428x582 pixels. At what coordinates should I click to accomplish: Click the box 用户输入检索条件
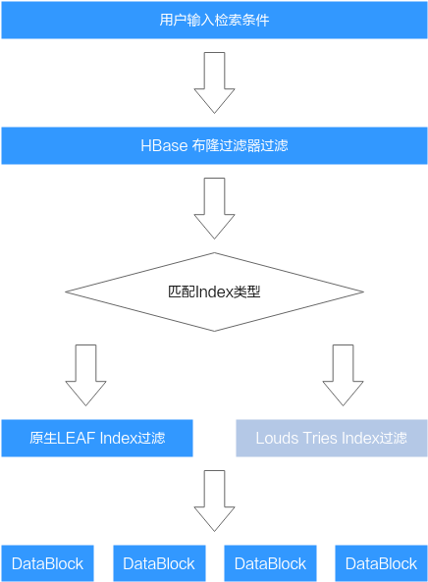(214, 20)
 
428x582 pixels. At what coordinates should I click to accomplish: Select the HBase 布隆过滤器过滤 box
(214, 145)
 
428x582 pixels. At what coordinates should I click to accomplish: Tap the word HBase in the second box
(164, 145)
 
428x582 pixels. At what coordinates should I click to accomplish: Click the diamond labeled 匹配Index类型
(214, 291)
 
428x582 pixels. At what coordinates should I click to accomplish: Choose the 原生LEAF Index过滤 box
(97, 438)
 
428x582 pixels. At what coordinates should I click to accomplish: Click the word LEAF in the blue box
(77, 439)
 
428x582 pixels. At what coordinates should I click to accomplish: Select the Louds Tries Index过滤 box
(332, 438)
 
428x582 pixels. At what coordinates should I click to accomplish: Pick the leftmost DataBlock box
(47, 563)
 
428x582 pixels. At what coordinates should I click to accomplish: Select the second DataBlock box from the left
(159, 563)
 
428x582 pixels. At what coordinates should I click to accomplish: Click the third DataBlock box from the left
(270, 563)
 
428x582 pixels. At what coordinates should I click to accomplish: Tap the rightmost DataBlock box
(381, 563)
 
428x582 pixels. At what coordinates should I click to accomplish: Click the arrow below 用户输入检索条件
(214, 82)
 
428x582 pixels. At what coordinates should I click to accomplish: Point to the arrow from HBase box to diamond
(214, 208)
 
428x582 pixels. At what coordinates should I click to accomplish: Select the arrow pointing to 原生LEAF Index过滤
(85, 375)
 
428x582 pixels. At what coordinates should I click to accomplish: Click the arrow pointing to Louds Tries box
(343, 375)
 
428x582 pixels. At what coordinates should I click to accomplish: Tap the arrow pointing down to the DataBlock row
(214, 501)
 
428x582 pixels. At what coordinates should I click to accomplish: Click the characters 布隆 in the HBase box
(205, 145)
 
